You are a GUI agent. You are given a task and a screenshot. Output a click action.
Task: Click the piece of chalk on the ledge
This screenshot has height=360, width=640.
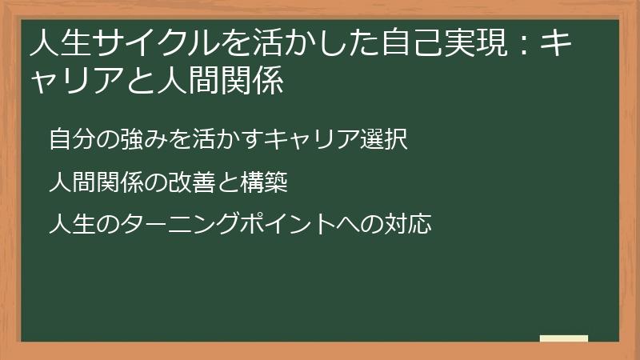(x=564, y=338)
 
